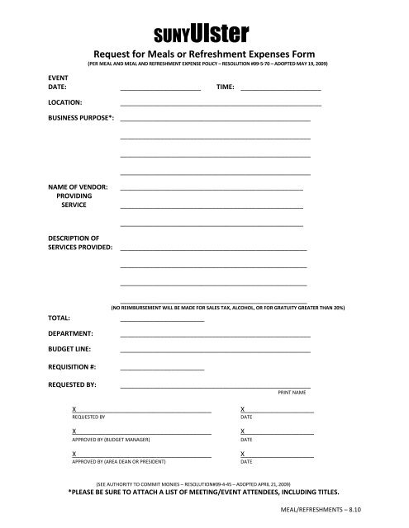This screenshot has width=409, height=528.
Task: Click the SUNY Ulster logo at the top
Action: point(203,33)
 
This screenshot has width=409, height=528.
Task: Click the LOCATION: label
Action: point(64,102)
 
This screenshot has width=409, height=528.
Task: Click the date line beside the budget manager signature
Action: point(278,432)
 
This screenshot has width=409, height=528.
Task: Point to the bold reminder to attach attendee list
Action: point(204,491)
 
